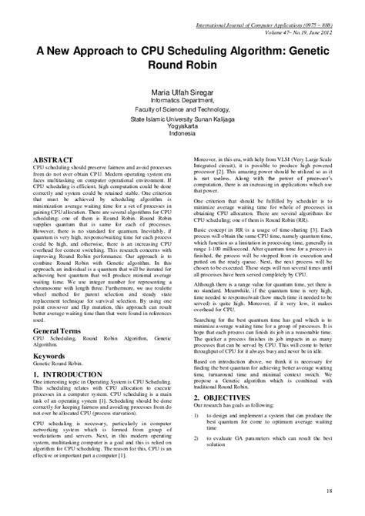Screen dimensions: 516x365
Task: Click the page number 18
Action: click(329, 491)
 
